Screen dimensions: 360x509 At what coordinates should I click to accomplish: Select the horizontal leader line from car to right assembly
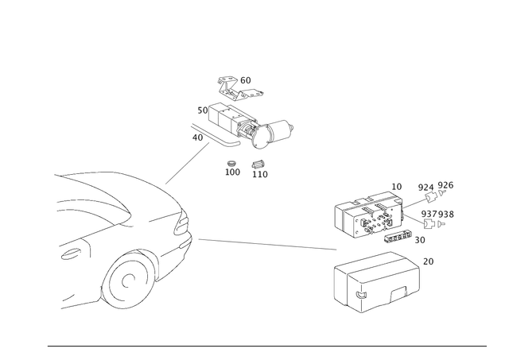262,241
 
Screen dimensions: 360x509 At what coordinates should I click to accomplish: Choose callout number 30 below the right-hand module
420,238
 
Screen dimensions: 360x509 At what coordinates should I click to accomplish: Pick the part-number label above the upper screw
436,187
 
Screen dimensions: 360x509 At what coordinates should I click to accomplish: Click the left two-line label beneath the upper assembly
232,168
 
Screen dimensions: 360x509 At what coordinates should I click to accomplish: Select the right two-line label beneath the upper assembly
259,168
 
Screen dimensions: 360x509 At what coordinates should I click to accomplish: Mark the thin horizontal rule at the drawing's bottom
266,345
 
